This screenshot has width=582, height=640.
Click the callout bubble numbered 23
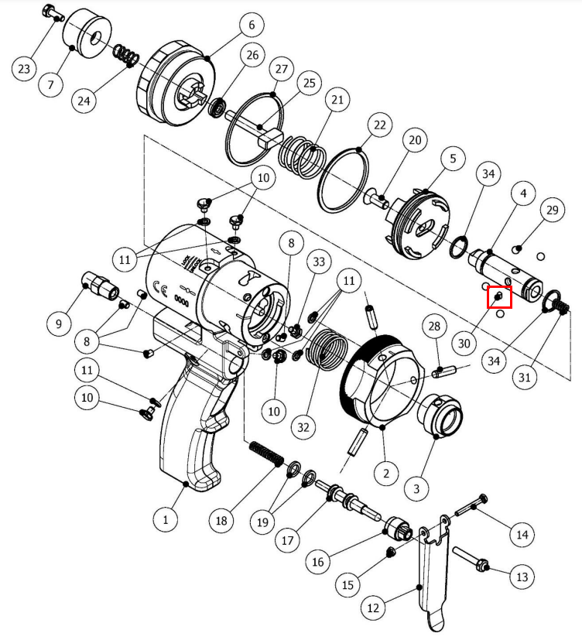pos(24,68)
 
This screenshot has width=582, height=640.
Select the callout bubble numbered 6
pos(252,25)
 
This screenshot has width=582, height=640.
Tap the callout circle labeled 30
pos(464,344)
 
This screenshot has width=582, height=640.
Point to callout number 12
pos(374,607)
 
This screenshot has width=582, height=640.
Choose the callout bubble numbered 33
pos(319,262)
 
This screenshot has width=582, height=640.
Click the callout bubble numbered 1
pos(166,519)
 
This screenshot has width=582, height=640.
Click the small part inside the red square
pos(498,296)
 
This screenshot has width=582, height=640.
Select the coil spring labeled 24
pos(125,55)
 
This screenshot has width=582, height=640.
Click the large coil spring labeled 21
pos(303,157)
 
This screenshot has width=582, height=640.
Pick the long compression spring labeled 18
pos(266,453)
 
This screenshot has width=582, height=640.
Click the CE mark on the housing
pos(159,288)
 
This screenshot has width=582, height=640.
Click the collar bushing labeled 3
pos(440,414)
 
